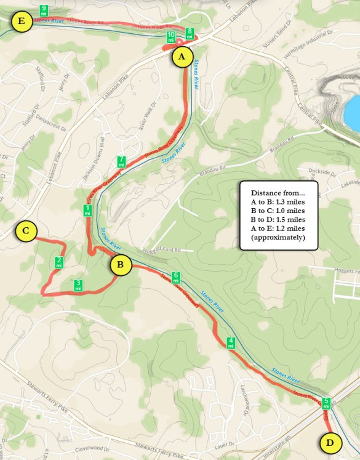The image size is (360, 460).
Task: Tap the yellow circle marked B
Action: pyautogui.click(x=121, y=265)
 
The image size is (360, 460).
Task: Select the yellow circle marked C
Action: pyautogui.click(x=26, y=232)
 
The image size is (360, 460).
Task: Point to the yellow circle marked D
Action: pyautogui.click(x=330, y=442)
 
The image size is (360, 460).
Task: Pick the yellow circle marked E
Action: pyautogui.click(x=22, y=23)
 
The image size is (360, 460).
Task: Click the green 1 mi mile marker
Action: pyautogui.click(x=88, y=210)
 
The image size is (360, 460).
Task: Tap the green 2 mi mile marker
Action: pyautogui.click(x=59, y=262)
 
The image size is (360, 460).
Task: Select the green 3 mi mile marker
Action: pyautogui.click(x=78, y=285)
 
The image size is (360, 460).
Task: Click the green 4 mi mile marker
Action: pyautogui.click(x=231, y=343)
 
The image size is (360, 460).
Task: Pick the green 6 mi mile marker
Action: pyautogui.click(x=175, y=278)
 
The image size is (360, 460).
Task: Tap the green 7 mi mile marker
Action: pyautogui.click(x=121, y=161)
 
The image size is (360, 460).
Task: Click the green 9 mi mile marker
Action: pyautogui.click(x=44, y=10)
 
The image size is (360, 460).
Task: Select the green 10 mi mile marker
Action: pyautogui.click(x=171, y=36)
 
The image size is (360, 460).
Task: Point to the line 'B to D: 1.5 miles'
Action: pyautogui.click(x=278, y=219)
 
